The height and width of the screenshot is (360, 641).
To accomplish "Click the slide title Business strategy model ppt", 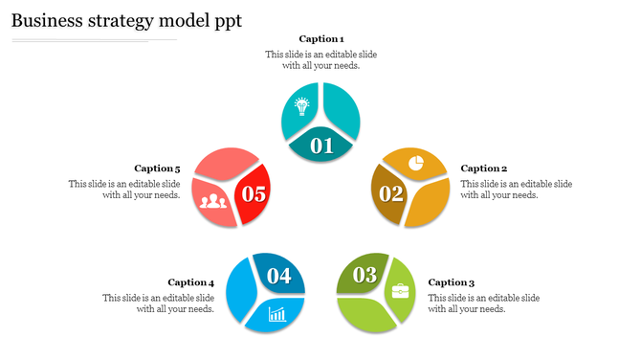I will point(126,20).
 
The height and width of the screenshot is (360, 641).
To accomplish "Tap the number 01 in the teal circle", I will point(321,146).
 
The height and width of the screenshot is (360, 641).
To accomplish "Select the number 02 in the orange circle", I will point(391,193).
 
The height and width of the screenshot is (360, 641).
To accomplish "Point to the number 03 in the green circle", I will point(365,276).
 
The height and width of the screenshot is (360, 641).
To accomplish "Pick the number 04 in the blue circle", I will point(278,276).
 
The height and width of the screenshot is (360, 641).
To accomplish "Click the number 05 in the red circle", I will point(254,194).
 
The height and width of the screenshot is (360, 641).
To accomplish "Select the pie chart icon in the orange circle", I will point(416,163).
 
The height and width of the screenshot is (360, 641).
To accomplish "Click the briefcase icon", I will point(400,289).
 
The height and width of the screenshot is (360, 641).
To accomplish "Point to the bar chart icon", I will point(277,313).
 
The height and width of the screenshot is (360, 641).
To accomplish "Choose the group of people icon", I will point(213,200).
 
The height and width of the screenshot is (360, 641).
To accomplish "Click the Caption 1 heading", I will point(321,39).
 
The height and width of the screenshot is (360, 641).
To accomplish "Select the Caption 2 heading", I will point(483,169).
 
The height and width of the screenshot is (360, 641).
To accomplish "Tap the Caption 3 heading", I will point(451,282).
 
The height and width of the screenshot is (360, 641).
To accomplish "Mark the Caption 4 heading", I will point(190,282).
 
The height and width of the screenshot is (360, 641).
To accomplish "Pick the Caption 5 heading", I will point(157,169).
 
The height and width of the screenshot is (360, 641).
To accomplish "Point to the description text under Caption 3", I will point(483,304).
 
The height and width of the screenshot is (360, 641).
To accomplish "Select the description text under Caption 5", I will point(124,190).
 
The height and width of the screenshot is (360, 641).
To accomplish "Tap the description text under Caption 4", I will point(158,304).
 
